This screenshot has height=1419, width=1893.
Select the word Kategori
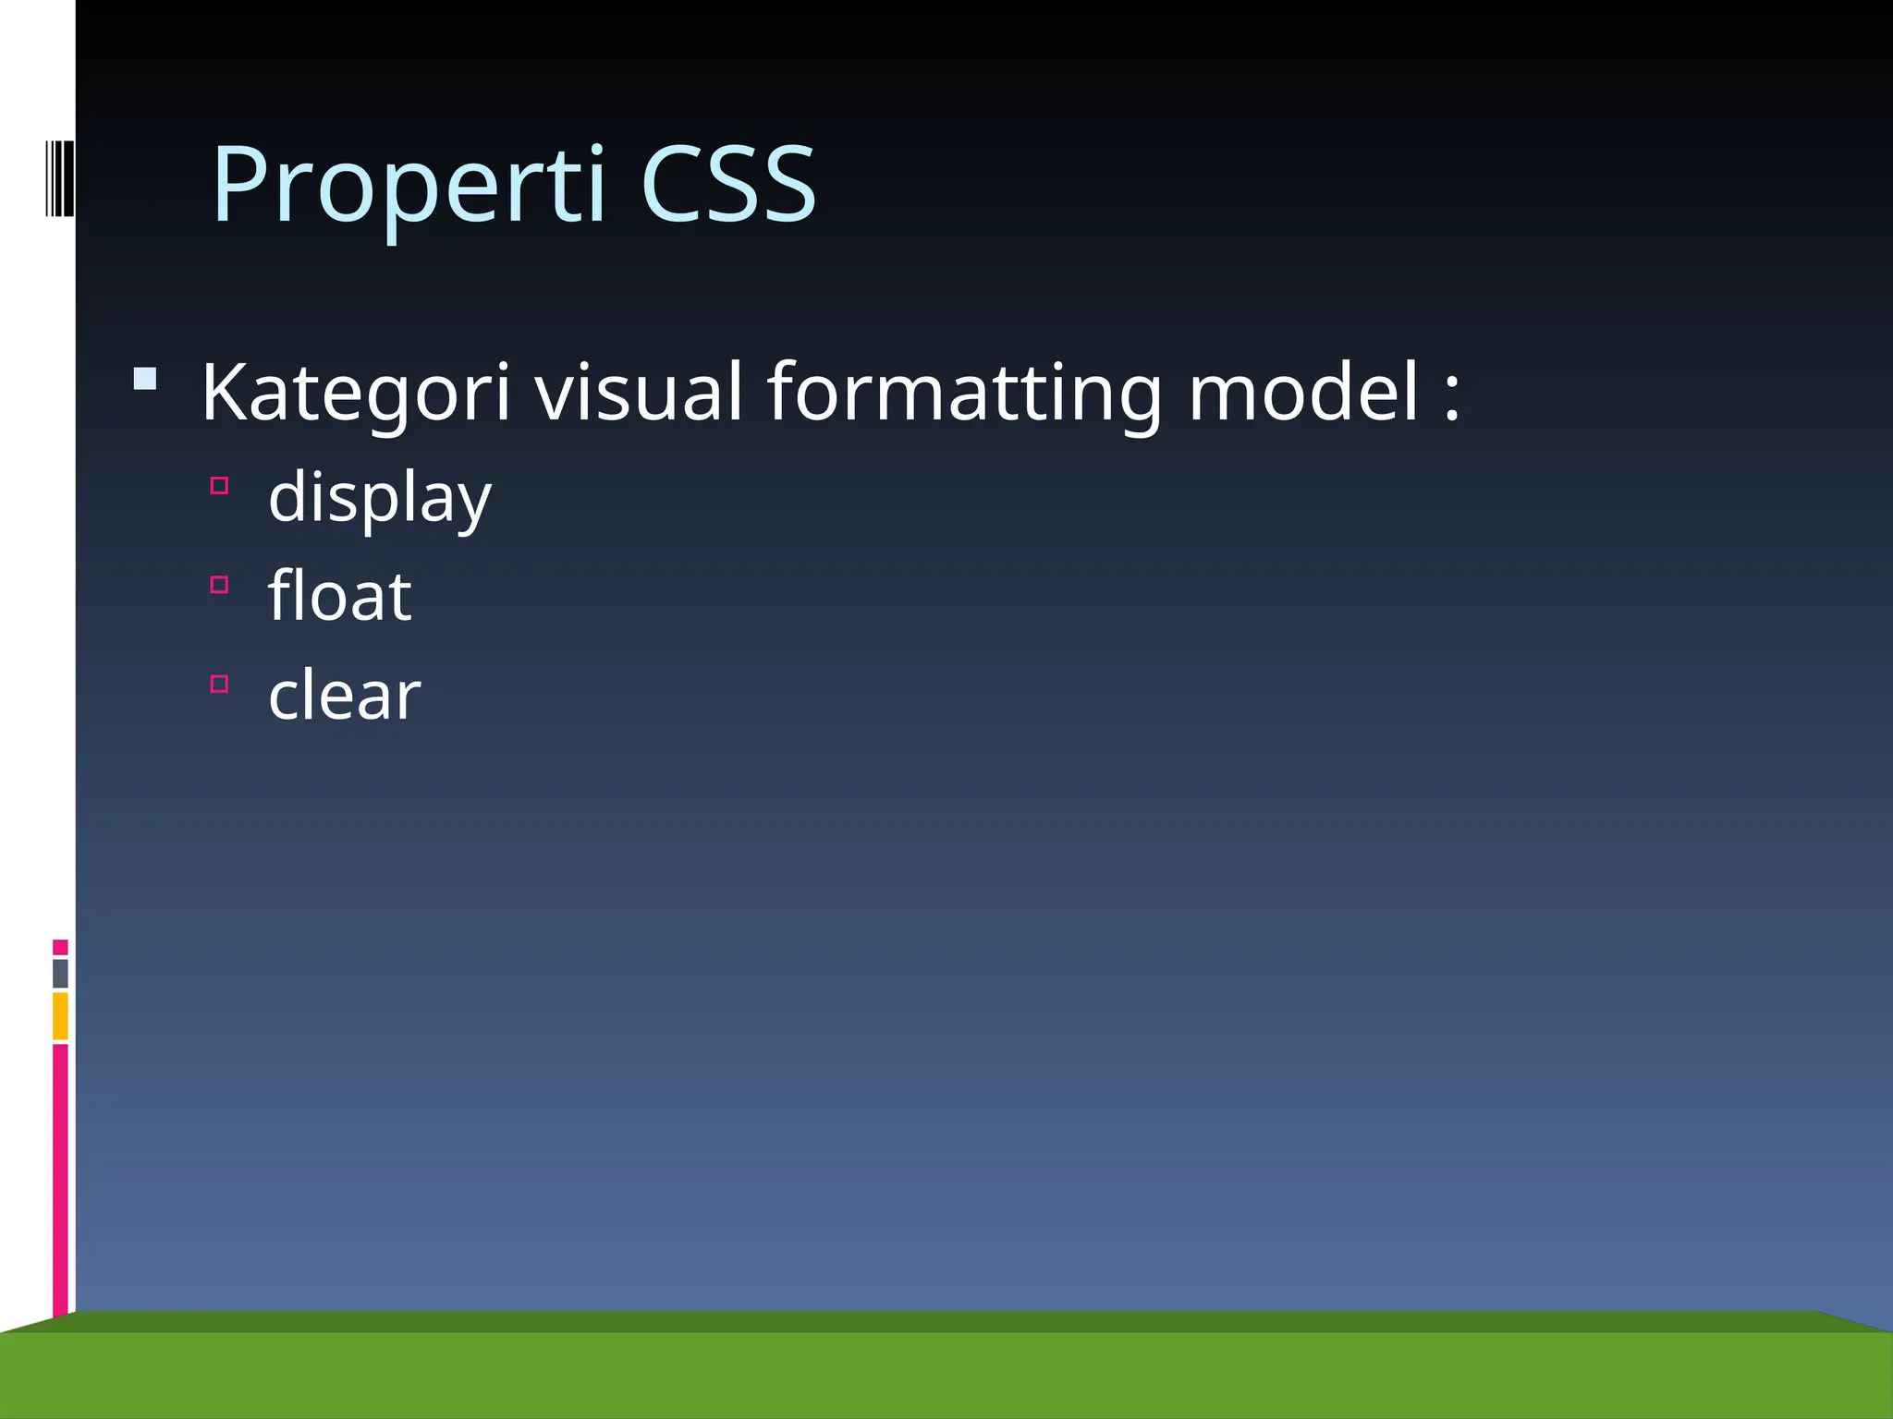(x=355, y=393)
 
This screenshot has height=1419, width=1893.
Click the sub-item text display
(x=379, y=498)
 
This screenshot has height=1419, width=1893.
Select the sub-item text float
(x=339, y=596)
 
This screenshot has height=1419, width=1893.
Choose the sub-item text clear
(x=344, y=695)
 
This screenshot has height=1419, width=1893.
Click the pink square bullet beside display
(x=219, y=486)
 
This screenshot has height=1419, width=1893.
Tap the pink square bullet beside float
(x=219, y=585)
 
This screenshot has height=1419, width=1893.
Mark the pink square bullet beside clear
(x=219, y=684)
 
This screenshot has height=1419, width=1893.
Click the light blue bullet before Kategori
(x=145, y=379)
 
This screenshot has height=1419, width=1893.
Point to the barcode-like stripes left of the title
(x=59, y=178)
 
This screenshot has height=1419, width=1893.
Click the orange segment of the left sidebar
(x=60, y=1015)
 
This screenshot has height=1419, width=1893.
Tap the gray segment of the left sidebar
(x=60, y=973)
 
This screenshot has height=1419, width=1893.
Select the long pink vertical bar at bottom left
(x=60, y=1178)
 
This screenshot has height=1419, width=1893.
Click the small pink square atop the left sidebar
(x=60, y=947)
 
